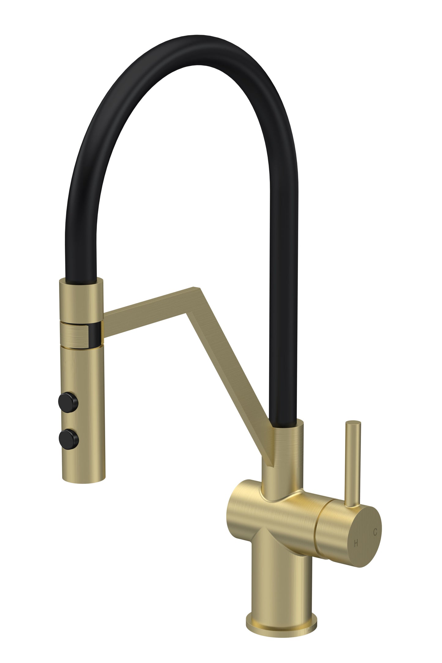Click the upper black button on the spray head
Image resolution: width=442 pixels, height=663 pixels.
[68, 403]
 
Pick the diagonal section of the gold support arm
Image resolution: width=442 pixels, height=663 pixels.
[232, 379]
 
